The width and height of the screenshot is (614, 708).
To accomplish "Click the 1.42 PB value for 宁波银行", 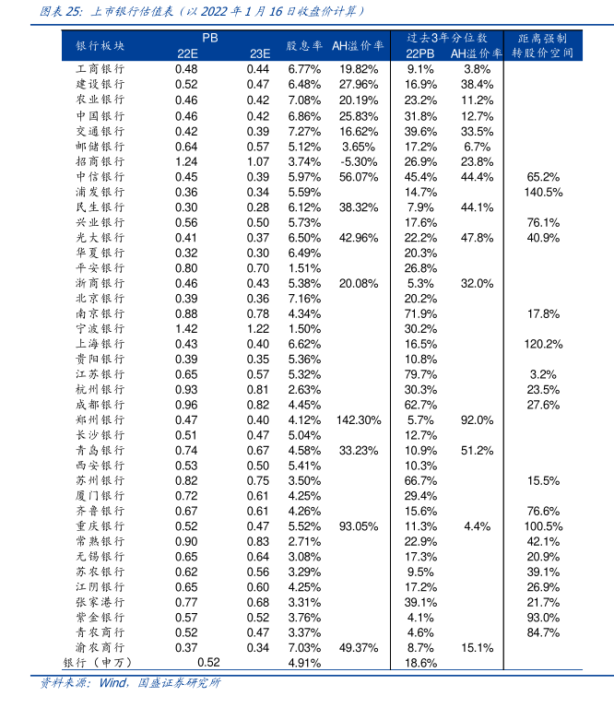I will point(186,328).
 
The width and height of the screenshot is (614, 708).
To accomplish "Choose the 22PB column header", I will point(419,53).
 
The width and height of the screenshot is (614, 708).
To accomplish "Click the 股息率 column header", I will point(303,45).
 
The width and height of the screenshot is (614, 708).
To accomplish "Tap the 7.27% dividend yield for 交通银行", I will point(303,130).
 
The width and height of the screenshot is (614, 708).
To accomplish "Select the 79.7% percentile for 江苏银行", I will point(420,374).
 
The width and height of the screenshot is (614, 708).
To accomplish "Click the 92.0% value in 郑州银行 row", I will point(477,419).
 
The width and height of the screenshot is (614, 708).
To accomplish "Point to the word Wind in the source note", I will point(112,683).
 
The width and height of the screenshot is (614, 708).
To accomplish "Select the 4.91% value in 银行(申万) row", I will point(303,662).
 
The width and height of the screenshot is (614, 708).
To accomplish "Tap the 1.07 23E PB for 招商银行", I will point(258,160).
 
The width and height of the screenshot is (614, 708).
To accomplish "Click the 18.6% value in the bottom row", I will point(420,662).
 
